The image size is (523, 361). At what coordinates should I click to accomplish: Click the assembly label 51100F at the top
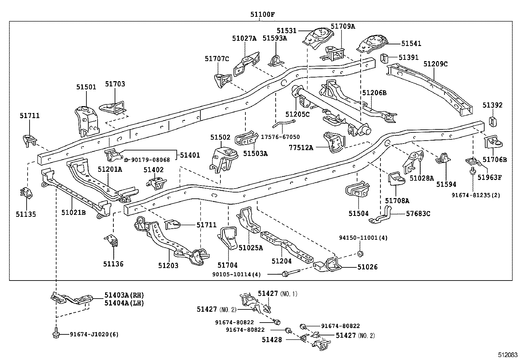[x=262, y=14]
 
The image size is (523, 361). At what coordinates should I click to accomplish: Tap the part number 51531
[x=286, y=31]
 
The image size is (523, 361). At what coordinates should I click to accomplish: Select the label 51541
[x=411, y=43]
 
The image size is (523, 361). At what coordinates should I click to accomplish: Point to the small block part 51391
[x=384, y=58]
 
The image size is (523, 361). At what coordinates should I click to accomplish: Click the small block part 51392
[x=493, y=122]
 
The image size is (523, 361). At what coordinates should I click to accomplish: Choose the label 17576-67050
[x=280, y=137]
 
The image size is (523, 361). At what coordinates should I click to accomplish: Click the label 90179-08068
[x=150, y=160]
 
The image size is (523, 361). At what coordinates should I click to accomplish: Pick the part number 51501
[x=86, y=87]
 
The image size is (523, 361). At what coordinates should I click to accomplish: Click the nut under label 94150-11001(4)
[x=360, y=254]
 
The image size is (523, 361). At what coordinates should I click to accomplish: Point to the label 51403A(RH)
[x=124, y=295]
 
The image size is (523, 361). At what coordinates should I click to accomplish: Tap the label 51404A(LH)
[x=124, y=303]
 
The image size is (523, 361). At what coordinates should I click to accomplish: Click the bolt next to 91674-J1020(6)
[x=56, y=333]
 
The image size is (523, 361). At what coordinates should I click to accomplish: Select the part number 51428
[x=272, y=340]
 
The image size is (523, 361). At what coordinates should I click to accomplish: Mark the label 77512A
[x=301, y=147]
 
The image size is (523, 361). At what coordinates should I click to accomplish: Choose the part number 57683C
[x=418, y=214]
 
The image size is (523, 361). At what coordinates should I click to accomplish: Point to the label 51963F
[x=489, y=177]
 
